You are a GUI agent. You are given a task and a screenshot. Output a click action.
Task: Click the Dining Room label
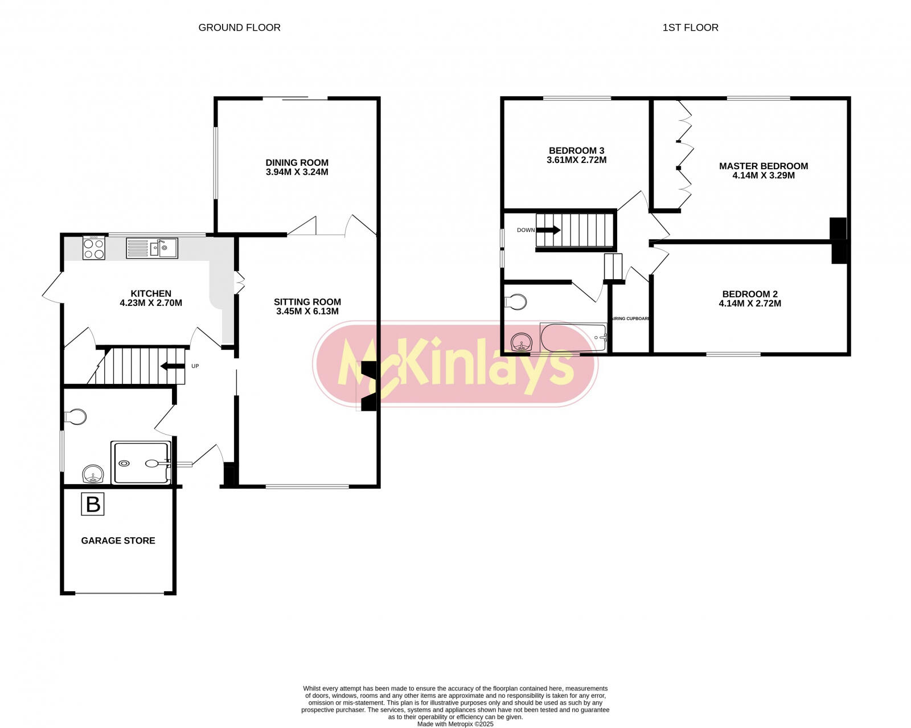pyautogui.click(x=297, y=162)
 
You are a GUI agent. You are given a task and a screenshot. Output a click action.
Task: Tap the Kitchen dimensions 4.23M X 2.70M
pyautogui.click(x=151, y=303)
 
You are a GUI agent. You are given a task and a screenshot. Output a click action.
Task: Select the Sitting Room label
pyautogui.click(x=307, y=302)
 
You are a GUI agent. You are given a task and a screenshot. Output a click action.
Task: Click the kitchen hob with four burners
pyautogui.click(x=94, y=248)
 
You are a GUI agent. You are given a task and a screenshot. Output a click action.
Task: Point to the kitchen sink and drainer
pyautogui.click(x=152, y=248)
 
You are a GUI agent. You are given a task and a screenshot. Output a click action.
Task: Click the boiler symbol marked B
pyautogui.click(x=93, y=504)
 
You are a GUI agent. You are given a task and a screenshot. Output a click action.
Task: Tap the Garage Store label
pyautogui.click(x=118, y=541)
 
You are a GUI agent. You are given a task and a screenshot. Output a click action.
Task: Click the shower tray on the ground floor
pyautogui.click(x=141, y=463)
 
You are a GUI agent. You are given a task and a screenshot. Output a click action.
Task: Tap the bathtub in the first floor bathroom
pyautogui.click(x=573, y=338)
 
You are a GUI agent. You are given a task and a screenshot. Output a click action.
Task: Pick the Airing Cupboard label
pyautogui.click(x=630, y=318)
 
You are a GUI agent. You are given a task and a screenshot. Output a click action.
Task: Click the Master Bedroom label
pyautogui.click(x=763, y=166)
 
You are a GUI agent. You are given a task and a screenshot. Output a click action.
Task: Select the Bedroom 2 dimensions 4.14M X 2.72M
pyautogui.click(x=750, y=304)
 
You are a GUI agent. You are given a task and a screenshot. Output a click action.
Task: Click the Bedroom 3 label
pyautogui.click(x=576, y=150)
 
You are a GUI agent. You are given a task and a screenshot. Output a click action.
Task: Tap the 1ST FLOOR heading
pyautogui.click(x=690, y=27)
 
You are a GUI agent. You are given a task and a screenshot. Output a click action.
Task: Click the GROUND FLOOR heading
pyautogui.click(x=239, y=27)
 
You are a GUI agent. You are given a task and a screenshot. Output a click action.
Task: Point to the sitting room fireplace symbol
pyautogui.click(x=368, y=386)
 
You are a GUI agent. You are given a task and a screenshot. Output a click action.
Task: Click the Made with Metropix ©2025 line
pyautogui.click(x=455, y=724)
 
